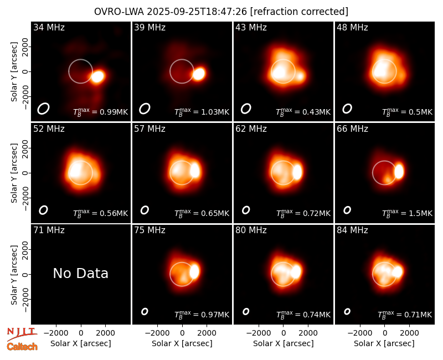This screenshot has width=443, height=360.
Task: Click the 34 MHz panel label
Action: (49, 27)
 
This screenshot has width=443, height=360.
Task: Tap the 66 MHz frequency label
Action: (352, 129)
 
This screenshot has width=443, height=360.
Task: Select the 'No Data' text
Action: (80, 273)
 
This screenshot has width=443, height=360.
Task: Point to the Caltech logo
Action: (22, 347)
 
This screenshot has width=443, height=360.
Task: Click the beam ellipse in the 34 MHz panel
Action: (44, 109)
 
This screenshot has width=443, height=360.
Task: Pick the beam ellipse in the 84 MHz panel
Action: (347, 311)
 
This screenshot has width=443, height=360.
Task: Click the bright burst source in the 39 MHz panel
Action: (199, 74)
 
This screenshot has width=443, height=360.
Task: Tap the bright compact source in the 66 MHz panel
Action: (399, 172)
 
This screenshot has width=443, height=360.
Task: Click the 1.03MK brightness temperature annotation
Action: (202, 112)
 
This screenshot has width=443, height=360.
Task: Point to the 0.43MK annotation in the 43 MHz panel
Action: (303, 112)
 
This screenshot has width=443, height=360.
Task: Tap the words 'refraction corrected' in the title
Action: (299, 12)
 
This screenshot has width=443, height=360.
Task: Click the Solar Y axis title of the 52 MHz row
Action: (14, 173)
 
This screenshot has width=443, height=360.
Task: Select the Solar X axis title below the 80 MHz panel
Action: (284, 343)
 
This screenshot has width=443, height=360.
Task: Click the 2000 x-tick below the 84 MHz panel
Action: (409, 333)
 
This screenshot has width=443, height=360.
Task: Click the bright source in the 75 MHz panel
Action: (194, 271)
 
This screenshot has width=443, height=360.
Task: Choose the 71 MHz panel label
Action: (49, 230)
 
